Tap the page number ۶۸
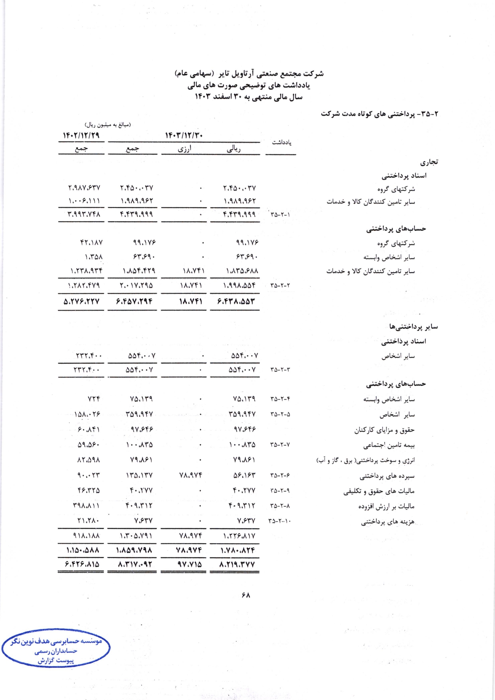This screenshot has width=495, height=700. (246, 595)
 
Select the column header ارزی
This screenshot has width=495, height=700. (184, 149)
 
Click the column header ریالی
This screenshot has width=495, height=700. (234, 149)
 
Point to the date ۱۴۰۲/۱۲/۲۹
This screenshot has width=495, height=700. (81, 136)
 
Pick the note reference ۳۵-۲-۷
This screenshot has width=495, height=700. (280, 445)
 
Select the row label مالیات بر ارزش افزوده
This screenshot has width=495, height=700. (386, 506)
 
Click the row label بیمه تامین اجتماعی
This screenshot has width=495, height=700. (389, 445)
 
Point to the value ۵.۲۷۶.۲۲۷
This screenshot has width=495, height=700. (81, 302)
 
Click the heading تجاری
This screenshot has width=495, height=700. (429, 162)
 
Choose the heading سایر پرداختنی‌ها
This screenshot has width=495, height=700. (414, 327)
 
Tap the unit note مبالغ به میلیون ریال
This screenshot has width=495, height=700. (108, 125)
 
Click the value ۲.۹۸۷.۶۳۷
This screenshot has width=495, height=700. (84, 188)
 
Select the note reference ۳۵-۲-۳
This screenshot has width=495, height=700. (280, 370)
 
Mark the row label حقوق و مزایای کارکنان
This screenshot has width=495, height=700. (384, 430)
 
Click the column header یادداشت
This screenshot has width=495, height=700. (281, 142)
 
